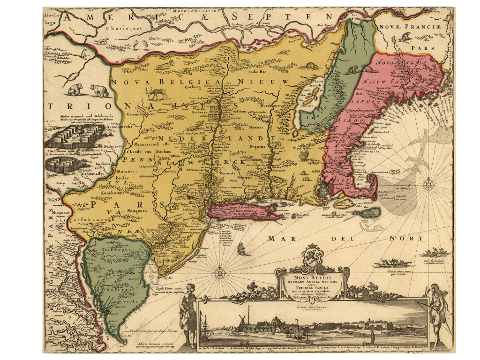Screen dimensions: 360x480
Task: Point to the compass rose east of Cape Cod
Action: (427, 184)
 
